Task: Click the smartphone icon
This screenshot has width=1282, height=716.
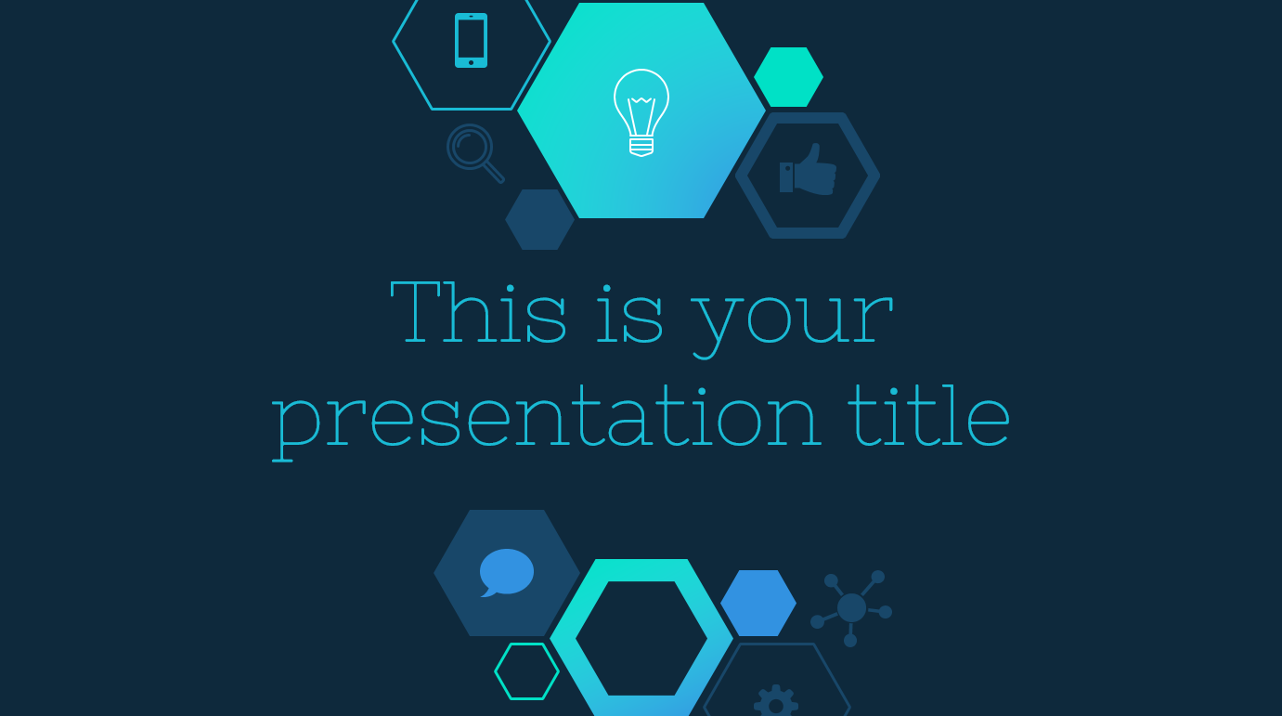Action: coord(471,40)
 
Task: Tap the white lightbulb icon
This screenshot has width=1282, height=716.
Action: coord(641,112)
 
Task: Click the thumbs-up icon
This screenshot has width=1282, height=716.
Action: coord(808,169)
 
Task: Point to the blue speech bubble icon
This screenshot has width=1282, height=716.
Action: coord(507,572)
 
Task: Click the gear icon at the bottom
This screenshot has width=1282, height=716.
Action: coord(776,701)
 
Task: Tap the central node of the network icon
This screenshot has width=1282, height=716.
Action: coord(851,607)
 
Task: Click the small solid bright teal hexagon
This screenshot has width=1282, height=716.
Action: coord(788,77)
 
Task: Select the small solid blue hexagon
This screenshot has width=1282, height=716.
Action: coord(758,603)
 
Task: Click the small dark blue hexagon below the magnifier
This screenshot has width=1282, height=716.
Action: coord(539,219)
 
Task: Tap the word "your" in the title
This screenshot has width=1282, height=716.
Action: coord(792,323)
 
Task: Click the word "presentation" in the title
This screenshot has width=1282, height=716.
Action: coord(547,421)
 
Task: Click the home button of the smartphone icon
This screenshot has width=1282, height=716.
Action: coord(471,62)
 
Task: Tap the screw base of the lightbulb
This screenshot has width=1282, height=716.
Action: coord(641,146)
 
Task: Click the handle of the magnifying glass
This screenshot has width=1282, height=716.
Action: coord(493,172)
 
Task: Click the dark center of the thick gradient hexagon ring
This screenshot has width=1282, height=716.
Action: coord(641,638)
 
